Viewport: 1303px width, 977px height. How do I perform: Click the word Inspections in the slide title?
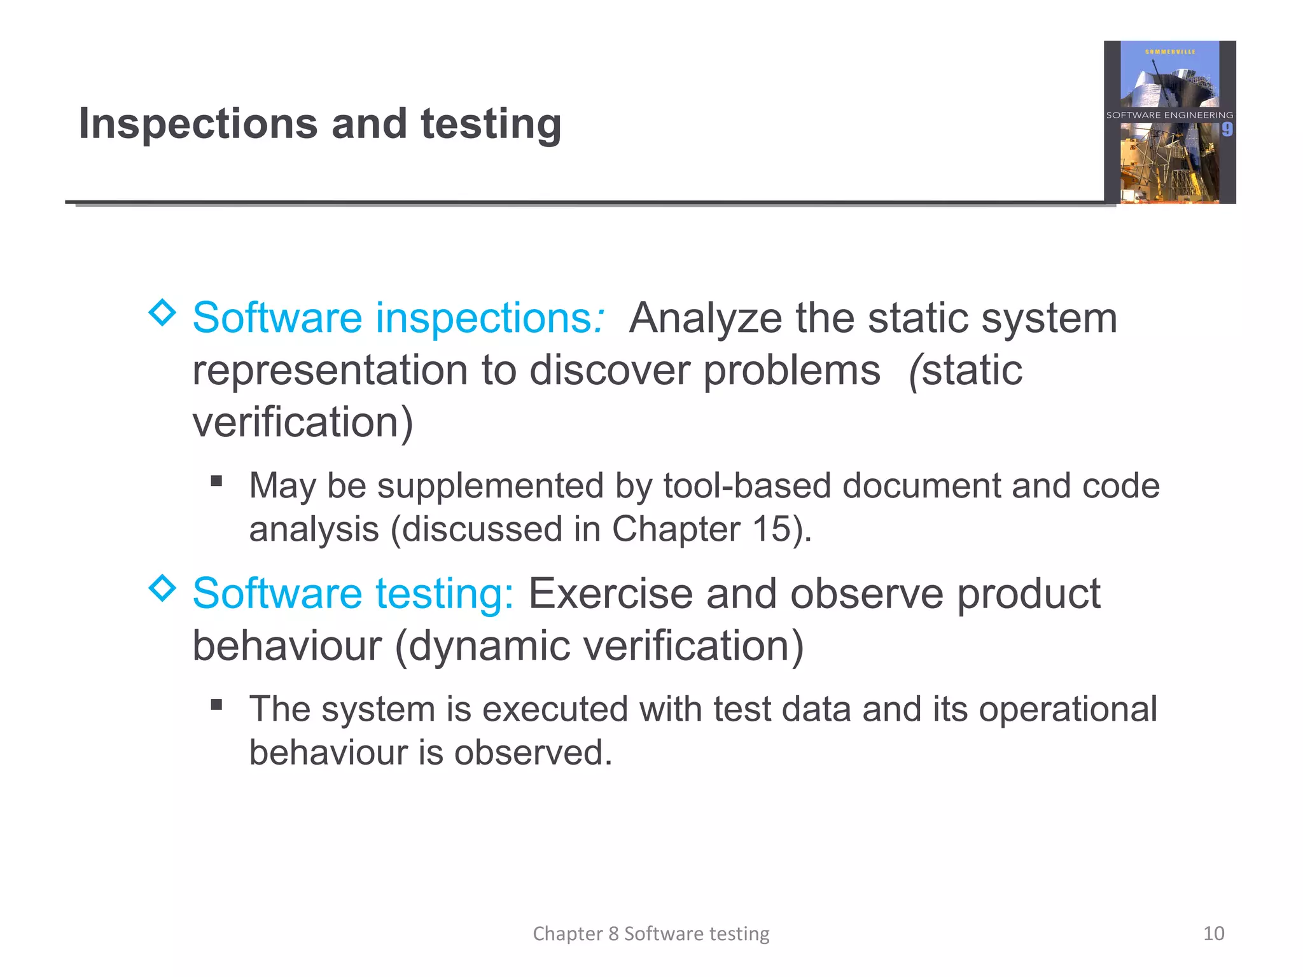(197, 124)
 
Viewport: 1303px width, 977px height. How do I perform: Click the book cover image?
(1169, 122)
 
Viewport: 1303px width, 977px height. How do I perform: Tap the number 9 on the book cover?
(1227, 130)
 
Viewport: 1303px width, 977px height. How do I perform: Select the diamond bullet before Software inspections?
(162, 312)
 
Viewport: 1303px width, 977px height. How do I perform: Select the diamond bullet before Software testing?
(162, 588)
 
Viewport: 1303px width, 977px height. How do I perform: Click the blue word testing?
(444, 593)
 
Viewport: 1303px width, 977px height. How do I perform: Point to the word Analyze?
(705, 317)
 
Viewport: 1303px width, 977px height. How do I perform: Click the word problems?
(791, 370)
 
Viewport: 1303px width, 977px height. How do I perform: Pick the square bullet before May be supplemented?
(217, 481)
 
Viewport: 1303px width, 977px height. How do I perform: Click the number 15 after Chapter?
(772, 529)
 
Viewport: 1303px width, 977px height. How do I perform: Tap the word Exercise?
(610, 593)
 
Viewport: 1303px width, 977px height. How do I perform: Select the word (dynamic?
(483, 646)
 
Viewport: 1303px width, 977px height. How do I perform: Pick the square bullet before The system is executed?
(217, 704)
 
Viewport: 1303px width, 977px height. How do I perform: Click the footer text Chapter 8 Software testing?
(651, 933)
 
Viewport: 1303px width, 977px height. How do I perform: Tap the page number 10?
(1213, 933)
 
